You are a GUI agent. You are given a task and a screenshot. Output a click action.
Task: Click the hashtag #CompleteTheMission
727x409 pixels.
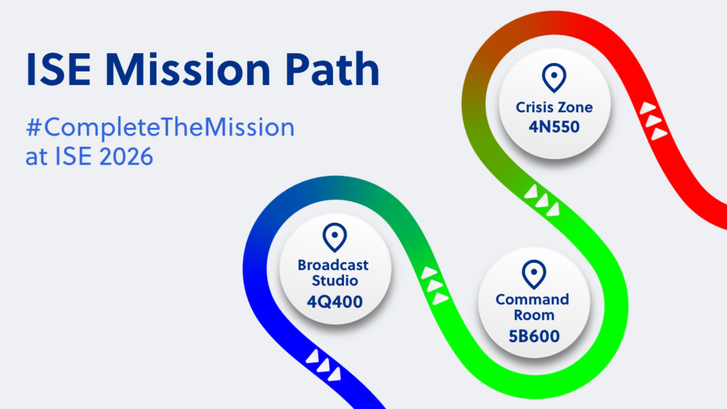pyautogui.click(x=160, y=128)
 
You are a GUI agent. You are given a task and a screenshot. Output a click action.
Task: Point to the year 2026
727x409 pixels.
pyautogui.click(x=126, y=156)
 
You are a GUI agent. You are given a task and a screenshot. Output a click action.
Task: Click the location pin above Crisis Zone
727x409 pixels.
pyautogui.click(x=554, y=78)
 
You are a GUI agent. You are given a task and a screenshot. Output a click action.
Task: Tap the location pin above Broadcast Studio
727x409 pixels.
pyautogui.click(x=335, y=237)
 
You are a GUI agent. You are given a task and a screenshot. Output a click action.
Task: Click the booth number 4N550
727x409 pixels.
pyautogui.click(x=554, y=127)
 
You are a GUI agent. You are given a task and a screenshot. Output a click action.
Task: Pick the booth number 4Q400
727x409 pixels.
pyautogui.click(x=335, y=302)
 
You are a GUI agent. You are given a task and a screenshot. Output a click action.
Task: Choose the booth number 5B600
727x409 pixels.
pyautogui.click(x=534, y=336)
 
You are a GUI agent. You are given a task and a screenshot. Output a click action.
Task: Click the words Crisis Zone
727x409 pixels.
pyautogui.click(x=554, y=108)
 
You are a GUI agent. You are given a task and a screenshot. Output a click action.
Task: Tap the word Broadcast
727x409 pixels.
pyautogui.click(x=333, y=265)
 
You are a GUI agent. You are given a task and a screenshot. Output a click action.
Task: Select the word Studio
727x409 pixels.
pyautogui.click(x=335, y=281)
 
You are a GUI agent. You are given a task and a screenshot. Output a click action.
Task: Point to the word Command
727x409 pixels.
pyautogui.click(x=532, y=300)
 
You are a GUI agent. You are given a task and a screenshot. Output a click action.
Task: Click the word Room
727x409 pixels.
pyautogui.click(x=534, y=315)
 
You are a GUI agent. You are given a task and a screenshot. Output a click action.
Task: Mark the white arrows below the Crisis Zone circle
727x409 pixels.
pyautogui.click(x=542, y=200)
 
